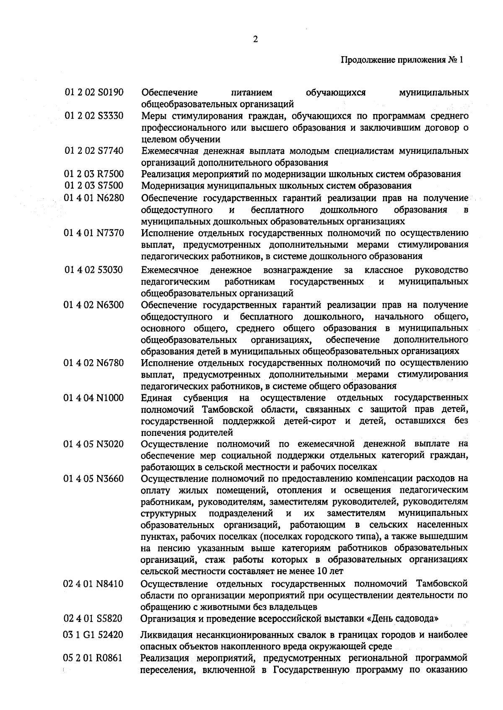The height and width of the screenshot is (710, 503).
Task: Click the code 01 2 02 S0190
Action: [x=94, y=92]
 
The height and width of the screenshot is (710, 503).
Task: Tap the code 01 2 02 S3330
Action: [x=94, y=115]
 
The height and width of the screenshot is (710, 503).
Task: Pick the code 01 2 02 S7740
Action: [x=94, y=150]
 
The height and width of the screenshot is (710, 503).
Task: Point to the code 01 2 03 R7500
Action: [x=94, y=174]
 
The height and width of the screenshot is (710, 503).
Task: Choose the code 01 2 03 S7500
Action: [x=94, y=185]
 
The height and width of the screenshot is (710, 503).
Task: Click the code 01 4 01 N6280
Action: [x=94, y=197]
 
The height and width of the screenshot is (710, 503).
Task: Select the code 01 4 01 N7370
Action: [x=94, y=233]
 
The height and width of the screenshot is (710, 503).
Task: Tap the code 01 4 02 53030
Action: [x=94, y=269]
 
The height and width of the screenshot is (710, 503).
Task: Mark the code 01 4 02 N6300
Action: [x=94, y=305]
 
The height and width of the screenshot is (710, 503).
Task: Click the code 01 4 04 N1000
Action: [x=94, y=397]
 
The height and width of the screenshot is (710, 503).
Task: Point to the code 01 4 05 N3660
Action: [x=94, y=478]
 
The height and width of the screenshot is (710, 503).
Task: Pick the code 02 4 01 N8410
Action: [x=94, y=583]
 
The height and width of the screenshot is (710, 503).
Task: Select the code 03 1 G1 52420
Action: [x=94, y=635]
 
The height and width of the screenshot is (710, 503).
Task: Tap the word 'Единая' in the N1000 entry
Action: [x=156, y=397]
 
